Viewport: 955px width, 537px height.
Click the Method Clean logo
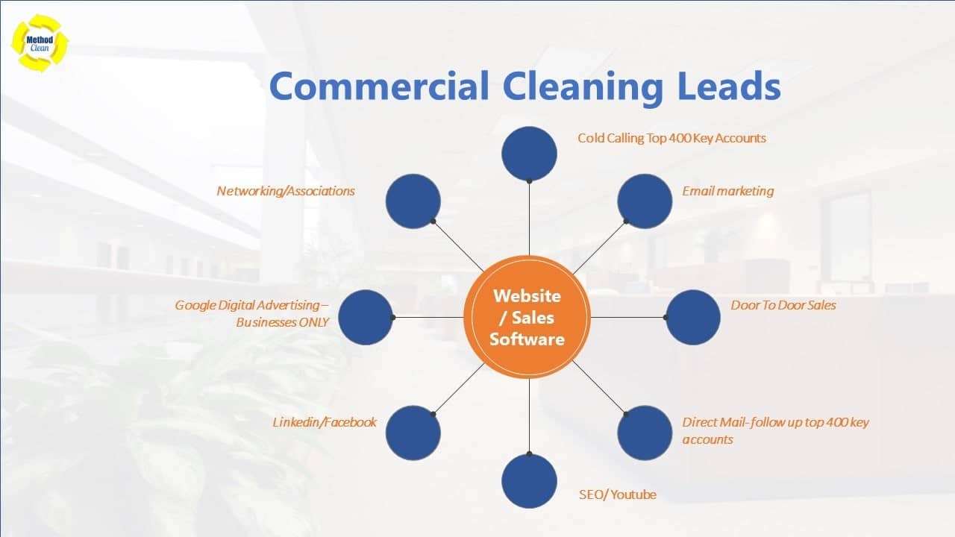tap(40, 43)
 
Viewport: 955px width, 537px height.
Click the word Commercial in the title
tap(379, 86)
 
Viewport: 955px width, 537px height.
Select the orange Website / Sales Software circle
tap(527, 318)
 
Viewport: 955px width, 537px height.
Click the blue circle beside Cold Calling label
tap(529, 154)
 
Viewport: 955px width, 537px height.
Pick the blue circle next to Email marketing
tap(645, 201)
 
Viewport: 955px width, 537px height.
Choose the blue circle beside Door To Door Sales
tap(693, 318)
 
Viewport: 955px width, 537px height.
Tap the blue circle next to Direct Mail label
tap(645, 433)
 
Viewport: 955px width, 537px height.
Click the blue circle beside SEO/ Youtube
tap(529, 481)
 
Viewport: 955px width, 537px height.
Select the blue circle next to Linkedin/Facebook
tap(413, 433)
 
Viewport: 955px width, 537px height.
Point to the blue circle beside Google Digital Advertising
tap(366, 318)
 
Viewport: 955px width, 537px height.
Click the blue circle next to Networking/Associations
tap(413, 201)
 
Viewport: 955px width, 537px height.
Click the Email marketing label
tap(727, 191)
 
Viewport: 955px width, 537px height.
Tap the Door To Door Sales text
tap(783, 305)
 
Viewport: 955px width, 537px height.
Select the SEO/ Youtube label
tap(617, 494)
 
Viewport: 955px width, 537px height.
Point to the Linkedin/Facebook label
tap(325, 422)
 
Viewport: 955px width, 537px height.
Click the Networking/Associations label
tap(286, 191)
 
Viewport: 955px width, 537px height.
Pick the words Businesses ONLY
tap(282, 322)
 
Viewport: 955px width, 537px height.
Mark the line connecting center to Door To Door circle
tap(628, 318)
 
